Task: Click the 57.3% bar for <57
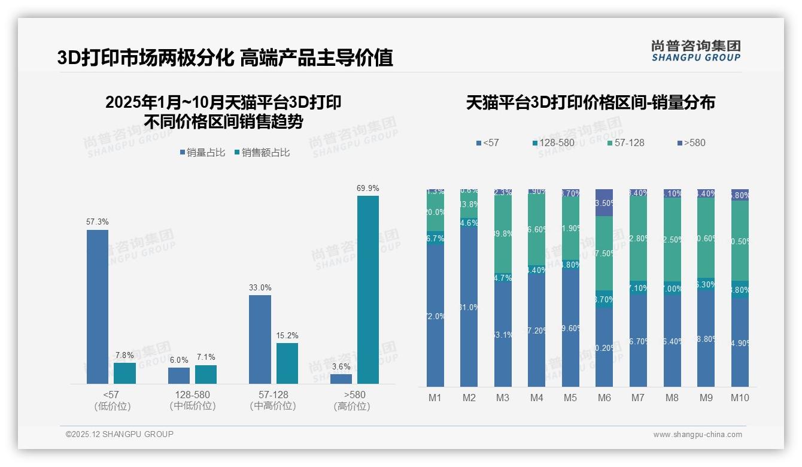point(97,307)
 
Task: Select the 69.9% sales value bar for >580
point(367,290)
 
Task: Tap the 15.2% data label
point(287,335)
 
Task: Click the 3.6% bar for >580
point(341,379)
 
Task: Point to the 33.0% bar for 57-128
point(260,339)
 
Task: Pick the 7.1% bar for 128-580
point(206,374)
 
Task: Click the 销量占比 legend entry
point(202,153)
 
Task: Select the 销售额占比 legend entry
point(262,153)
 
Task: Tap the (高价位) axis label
point(352,406)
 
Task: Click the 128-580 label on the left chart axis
point(193,395)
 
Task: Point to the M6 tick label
point(604,398)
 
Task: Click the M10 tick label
point(740,398)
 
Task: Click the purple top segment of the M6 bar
point(604,202)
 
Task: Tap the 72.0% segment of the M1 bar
point(435,316)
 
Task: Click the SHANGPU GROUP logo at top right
point(695,51)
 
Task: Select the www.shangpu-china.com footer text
point(697,435)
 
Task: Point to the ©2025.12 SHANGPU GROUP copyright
point(120,435)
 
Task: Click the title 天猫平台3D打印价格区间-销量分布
point(590,103)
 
